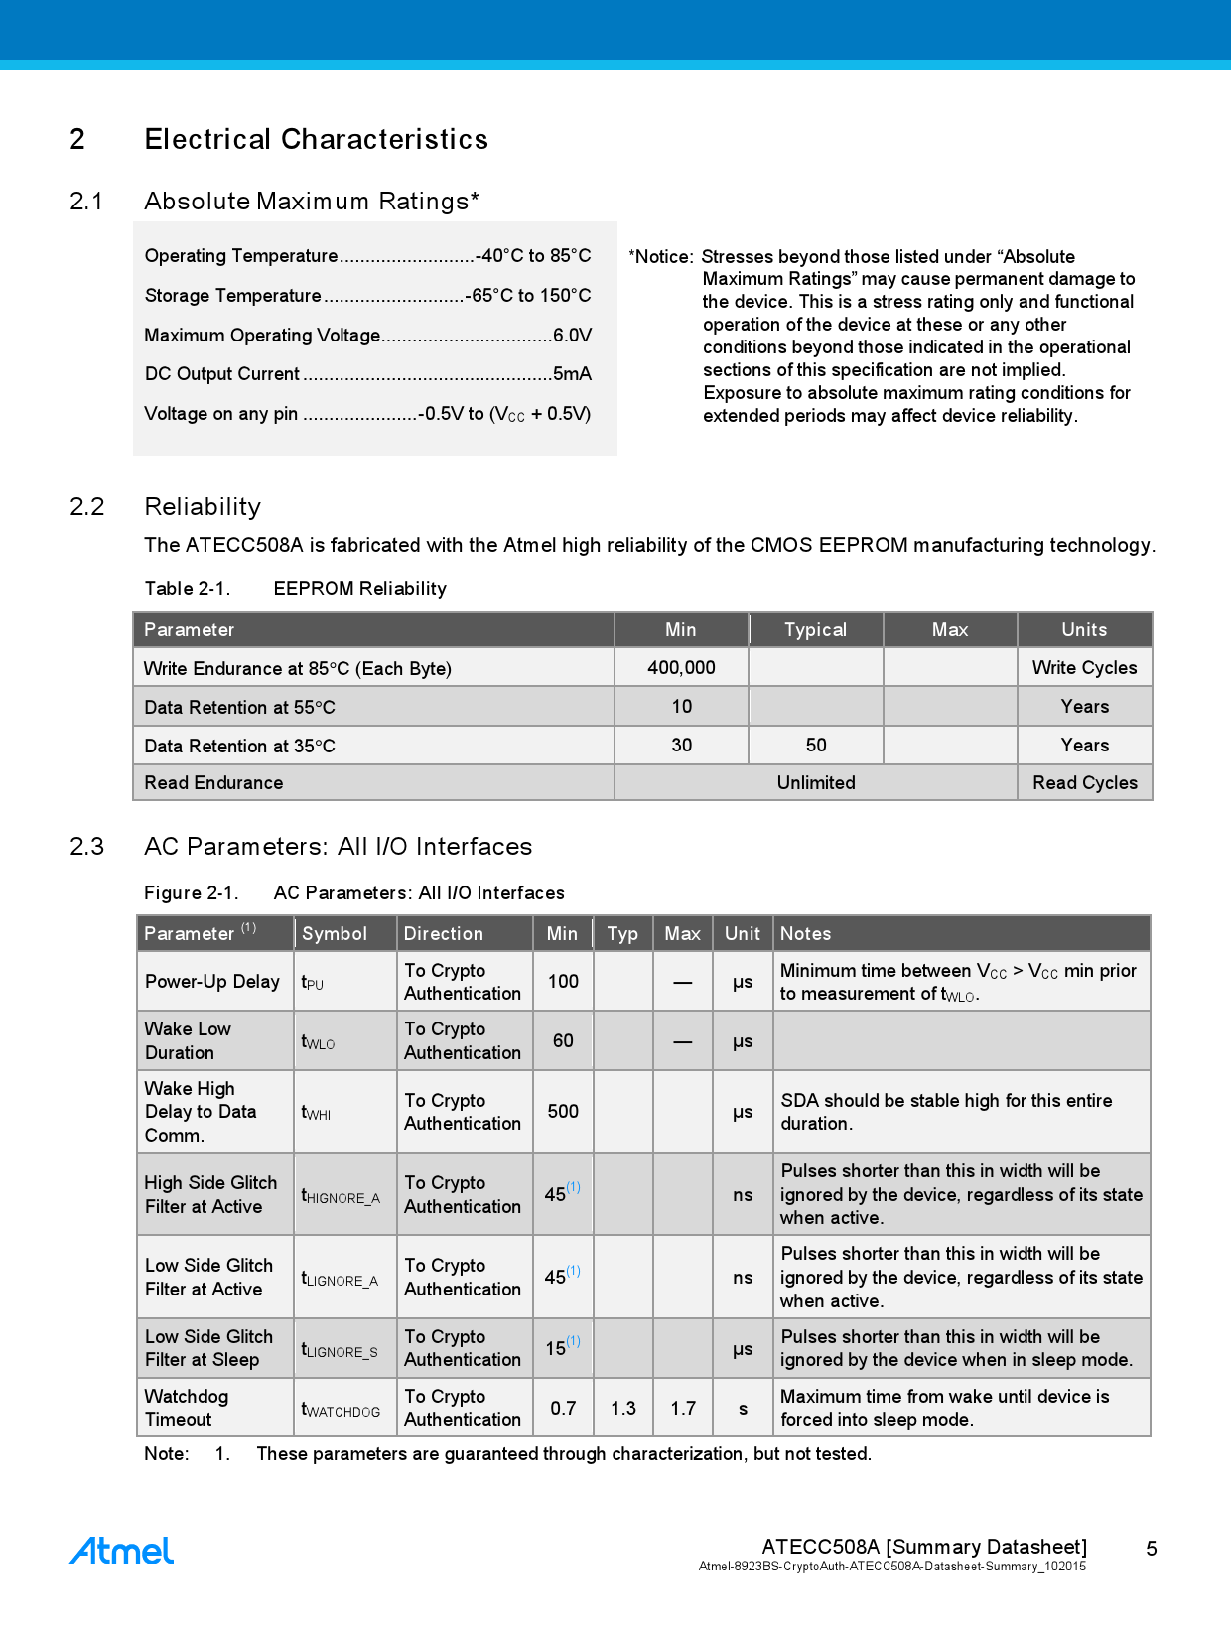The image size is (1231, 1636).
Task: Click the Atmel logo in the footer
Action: point(121,1551)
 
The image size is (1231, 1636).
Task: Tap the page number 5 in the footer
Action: point(1152,1549)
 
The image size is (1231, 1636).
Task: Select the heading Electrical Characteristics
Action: point(316,139)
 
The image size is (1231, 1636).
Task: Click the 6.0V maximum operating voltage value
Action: point(572,336)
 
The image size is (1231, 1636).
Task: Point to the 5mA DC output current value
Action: point(572,374)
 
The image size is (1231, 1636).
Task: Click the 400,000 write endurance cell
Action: point(681,668)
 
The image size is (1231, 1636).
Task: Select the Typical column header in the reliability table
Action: point(815,630)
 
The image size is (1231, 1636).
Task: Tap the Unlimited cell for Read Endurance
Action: point(816,783)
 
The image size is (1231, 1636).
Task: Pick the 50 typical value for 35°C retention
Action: point(816,746)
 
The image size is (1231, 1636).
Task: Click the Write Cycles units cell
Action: point(1084,668)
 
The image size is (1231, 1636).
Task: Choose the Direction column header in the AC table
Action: point(444,934)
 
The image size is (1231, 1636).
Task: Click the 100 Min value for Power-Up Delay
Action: point(563,982)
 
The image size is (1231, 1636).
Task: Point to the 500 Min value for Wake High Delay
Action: point(563,1112)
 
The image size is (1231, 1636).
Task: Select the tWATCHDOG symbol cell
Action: point(341,1410)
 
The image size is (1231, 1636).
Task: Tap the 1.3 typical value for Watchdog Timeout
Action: point(623,1409)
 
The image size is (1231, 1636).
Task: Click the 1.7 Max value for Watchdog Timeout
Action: point(683,1409)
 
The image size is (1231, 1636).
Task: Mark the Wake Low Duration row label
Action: point(188,1041)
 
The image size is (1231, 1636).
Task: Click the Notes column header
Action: point(805,934)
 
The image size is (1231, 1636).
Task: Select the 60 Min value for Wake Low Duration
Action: point(563,1041)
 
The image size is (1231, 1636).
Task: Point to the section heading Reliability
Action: point(203,507)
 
